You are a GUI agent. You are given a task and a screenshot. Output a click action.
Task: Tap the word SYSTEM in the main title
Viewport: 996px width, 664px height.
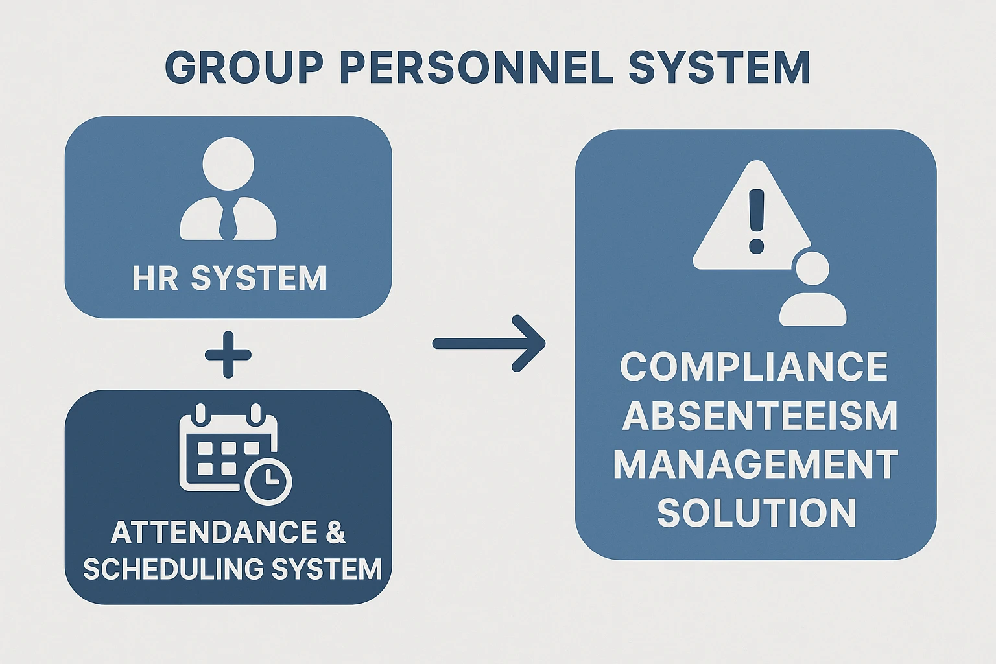point(719,67)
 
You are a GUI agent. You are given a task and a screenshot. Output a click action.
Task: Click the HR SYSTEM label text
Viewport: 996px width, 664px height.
point(229,278)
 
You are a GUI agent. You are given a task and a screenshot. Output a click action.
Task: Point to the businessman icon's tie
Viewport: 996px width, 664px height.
point(228,221)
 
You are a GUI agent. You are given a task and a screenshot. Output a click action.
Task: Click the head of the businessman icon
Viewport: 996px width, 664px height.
point(228,163)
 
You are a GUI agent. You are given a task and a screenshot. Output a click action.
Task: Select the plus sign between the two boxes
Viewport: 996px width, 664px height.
point(228,354)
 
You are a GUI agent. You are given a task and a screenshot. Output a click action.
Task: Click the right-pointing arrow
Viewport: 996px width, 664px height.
point(490,344)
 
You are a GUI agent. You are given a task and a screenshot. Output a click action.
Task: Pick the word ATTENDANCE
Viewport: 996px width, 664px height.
point(213,532)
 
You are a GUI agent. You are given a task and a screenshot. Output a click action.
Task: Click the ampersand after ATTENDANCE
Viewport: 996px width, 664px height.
point(335,532)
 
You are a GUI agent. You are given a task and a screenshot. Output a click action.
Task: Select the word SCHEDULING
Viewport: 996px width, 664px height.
point(173,569)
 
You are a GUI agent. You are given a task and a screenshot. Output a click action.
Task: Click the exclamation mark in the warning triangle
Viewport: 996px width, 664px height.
point(756,220)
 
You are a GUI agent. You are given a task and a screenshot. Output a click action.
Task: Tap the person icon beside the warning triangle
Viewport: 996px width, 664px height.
point(812,290)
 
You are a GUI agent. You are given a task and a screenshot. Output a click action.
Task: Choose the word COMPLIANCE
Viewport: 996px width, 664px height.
point(754,367)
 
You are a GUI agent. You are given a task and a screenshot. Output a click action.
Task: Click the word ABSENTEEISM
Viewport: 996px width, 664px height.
point(759,416)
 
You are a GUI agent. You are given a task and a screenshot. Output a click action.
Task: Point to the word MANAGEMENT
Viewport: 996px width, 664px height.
point(755,464)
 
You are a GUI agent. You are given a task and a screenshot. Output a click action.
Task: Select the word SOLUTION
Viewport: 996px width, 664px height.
point(757,513)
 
